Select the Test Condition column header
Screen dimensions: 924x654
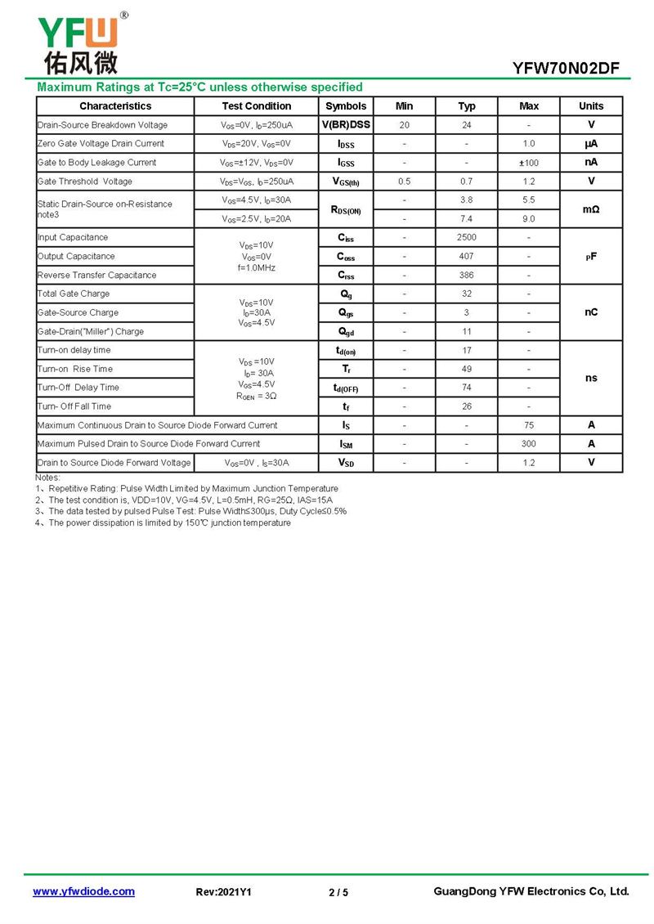point(256,106)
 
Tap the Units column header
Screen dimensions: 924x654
point(591,106)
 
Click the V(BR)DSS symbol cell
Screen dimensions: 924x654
point(346,125)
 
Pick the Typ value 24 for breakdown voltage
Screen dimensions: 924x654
point(466,125)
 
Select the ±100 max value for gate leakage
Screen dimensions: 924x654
point(529,163)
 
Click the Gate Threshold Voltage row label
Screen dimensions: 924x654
point(85,182)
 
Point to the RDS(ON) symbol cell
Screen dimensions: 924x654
point(346,210)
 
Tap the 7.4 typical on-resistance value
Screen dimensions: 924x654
point(466,219)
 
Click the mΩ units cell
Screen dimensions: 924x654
point(591,210)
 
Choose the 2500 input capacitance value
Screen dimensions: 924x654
point(466,238)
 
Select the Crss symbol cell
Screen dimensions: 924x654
point(346,276)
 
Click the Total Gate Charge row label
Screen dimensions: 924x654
point(74,294)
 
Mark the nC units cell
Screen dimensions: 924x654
point(591,312)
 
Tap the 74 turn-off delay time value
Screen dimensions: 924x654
point(466,388)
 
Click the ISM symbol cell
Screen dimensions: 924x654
point(346,444)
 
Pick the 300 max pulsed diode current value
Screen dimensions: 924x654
point(529,444)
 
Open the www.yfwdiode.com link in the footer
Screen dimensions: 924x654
point(83,892)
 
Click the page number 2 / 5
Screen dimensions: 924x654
point(338,893)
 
